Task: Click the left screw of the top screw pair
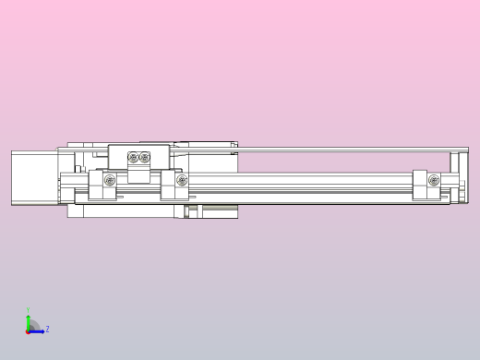[133, 158]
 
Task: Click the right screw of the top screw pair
[144, 158]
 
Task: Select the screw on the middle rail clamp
[181, 180]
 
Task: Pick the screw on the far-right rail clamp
[433, 179]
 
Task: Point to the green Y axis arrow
[29, 321]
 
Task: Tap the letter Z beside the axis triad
[47, 329]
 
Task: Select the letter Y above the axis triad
[29, 310]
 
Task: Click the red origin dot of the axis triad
[29, 330]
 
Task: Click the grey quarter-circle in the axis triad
[33, 326]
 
